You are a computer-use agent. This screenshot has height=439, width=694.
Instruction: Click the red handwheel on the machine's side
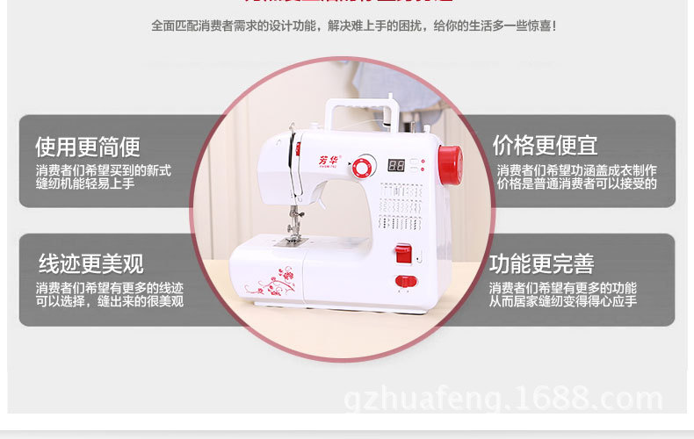click(x=449, y=165)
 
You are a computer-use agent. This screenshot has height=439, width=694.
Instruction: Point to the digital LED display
click(x=396, y=164)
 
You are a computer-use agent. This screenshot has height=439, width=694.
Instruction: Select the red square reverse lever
click(x=402, y=254)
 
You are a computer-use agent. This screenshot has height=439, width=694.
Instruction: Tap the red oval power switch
click(x=404, y=281)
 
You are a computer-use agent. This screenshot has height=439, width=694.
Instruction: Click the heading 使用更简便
click(x=88, y=146)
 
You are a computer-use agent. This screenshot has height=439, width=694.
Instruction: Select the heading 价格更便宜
click(x=545, y=144)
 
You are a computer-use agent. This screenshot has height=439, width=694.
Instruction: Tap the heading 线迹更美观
click(x=90, y=263)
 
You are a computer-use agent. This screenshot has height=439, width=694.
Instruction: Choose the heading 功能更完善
click(x=542, y=263)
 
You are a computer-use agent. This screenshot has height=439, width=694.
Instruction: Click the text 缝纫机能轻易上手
click(x=85, y=184)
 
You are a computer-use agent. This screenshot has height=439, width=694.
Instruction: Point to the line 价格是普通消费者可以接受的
click(x=576, y=184)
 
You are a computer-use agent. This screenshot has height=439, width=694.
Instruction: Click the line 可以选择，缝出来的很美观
click(x=110, y=302)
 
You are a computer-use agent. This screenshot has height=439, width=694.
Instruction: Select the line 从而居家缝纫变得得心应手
click(x=563, y=302)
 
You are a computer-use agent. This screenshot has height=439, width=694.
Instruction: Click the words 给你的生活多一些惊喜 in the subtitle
click(x=495, y=26)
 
